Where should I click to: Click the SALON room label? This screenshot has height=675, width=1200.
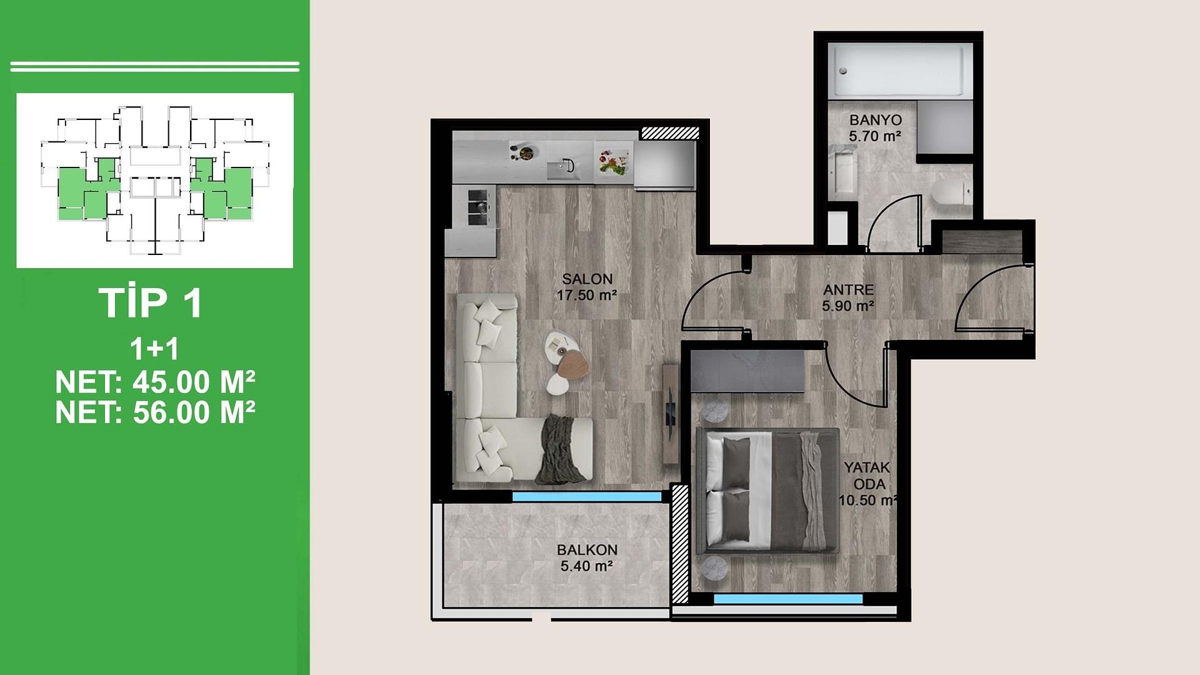point(587,279)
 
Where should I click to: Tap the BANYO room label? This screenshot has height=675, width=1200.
point(875,120)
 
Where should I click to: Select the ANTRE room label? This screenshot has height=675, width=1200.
point(848,290)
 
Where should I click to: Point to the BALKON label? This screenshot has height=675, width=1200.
point(587,550)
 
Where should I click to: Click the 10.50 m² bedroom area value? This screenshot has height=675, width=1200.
point(868,501)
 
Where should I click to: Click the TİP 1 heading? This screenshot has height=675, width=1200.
point(151,303)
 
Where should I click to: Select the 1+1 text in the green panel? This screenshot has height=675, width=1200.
point(154,349)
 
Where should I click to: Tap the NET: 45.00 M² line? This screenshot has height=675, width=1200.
point(155,382)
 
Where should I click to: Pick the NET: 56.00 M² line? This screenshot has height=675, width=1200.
point(155,412)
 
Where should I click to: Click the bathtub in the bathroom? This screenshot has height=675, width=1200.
point(900,70)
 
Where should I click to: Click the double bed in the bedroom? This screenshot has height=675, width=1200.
point(767,491)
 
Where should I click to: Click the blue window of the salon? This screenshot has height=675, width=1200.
point(587,497)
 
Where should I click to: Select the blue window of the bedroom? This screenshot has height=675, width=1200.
point(788,599)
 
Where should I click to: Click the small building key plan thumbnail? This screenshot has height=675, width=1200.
point(154,181)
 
